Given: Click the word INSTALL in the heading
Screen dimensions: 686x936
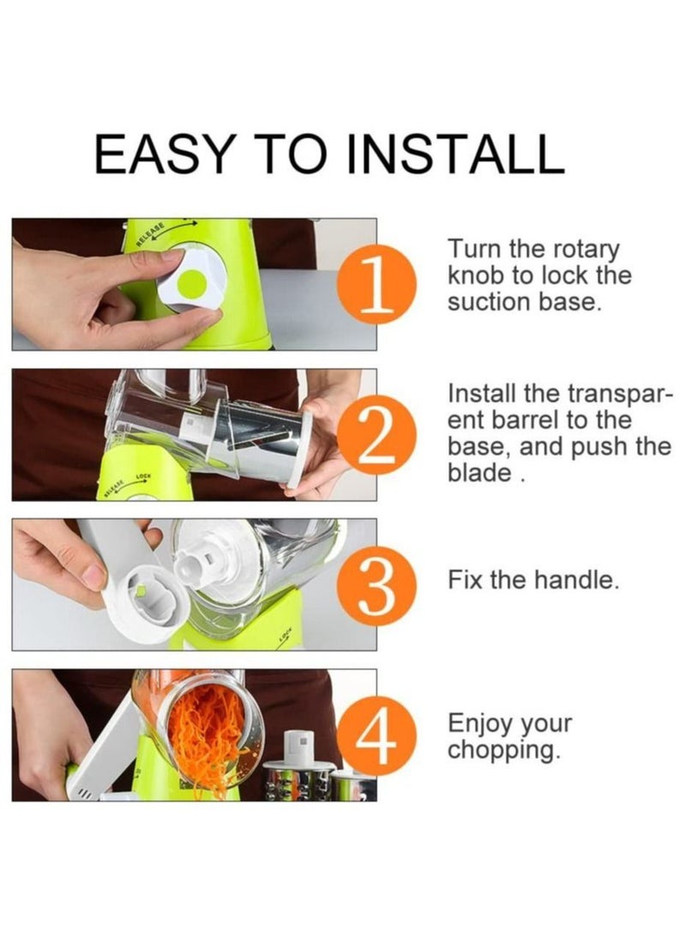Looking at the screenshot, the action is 455,154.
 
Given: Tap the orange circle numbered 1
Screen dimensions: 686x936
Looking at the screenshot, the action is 376,284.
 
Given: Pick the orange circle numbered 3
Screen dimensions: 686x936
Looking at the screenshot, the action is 376,586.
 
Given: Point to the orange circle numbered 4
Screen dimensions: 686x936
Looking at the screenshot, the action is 376,737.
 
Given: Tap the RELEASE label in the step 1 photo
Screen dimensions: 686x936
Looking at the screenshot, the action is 150,234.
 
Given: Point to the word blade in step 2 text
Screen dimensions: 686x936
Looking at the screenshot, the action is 480,473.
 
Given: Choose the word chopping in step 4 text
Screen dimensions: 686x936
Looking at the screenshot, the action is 505,751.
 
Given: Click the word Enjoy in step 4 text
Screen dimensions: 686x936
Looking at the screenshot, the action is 479,724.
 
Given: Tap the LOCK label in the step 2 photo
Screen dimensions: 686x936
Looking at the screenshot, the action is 144,476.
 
